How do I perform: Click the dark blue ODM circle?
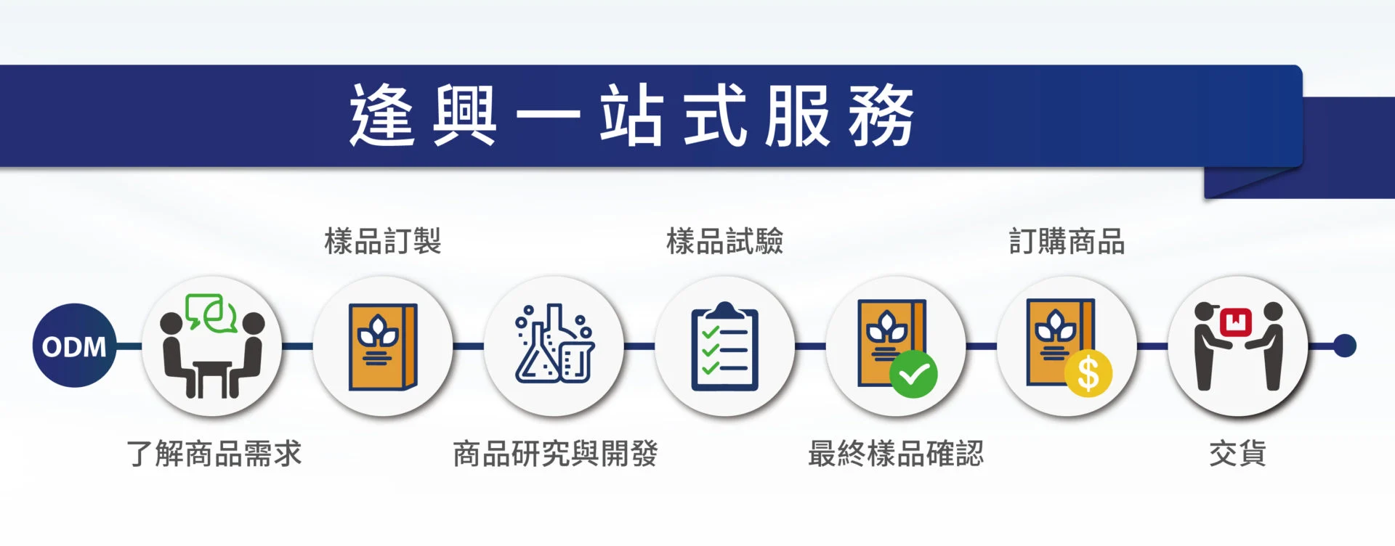[74, 346]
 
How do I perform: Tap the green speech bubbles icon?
[211, 313]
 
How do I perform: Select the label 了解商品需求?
[214, 454]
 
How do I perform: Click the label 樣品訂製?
[383, 241]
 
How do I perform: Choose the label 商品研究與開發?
[555, 454]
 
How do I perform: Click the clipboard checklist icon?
[724, 346]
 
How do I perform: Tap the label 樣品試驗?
[725, 241]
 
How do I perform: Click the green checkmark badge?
[913, 374]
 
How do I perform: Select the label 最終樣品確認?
[896, 454]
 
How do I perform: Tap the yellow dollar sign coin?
[1088, 373]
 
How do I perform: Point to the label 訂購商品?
[1067, 241]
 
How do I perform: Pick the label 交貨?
[1237, 454]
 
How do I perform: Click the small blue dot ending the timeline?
[1345, 346]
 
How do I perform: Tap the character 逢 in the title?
[382, 115]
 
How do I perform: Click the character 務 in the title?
[881, 115]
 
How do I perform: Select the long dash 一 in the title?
[549, 115]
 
